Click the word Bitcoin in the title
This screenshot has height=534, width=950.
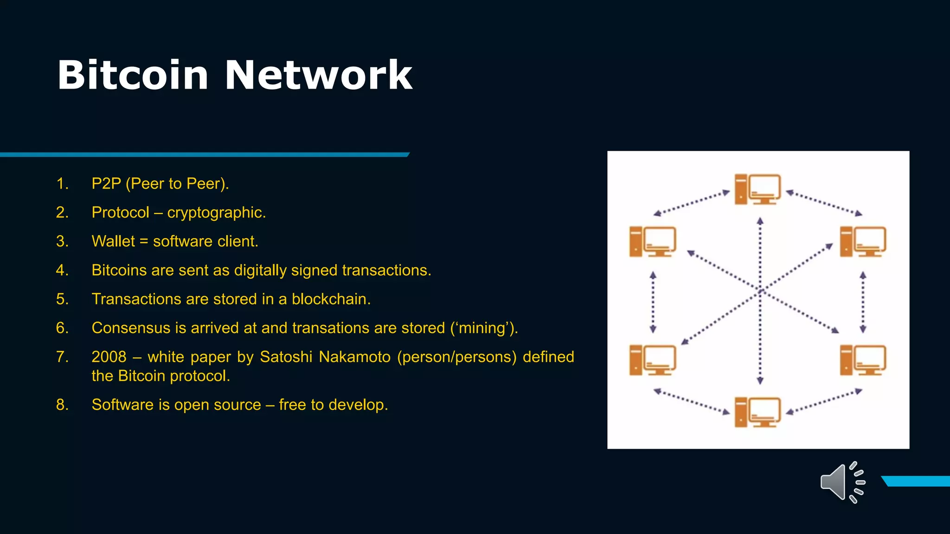coord(133,75)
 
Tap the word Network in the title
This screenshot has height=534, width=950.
coord(318,75)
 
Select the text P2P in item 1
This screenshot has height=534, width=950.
coord(106,184)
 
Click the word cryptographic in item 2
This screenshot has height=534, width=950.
coord(216,212)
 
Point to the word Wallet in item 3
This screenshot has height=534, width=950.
coord(113,241)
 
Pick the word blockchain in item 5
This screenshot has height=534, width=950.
coord(330,299)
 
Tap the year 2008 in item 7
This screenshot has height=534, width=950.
coord(109,356)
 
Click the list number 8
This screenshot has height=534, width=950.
coord(62,405)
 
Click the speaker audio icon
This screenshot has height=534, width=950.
coord(842,483)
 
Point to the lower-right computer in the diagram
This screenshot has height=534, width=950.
coord(863,360)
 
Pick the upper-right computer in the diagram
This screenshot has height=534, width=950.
coord(863,242)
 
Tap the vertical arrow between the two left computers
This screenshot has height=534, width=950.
coord(653,302)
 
